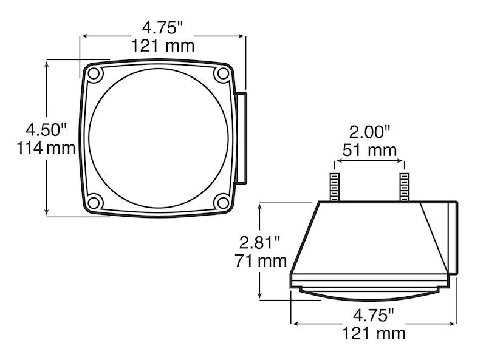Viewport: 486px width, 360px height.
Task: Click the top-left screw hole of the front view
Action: (x=94, y=74)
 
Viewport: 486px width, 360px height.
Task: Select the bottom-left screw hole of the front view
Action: (x=94, y=202)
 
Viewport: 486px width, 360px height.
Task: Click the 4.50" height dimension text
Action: (x=45, y=129)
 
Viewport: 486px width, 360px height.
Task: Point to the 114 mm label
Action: (x=45, y=148)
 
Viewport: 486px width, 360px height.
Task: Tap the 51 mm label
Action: (x=369, y=150)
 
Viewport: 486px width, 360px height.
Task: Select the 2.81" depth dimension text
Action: (x=260, y=243)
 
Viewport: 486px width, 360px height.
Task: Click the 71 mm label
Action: (x=260, y=261)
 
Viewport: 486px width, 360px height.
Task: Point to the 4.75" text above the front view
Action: (x=162, y=27)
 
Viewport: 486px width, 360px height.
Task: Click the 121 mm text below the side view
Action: (x=374, y=333)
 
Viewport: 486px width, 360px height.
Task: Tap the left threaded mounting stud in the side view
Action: (x=334, y=187)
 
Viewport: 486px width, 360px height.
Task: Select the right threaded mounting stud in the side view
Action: (x=403, y=187)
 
